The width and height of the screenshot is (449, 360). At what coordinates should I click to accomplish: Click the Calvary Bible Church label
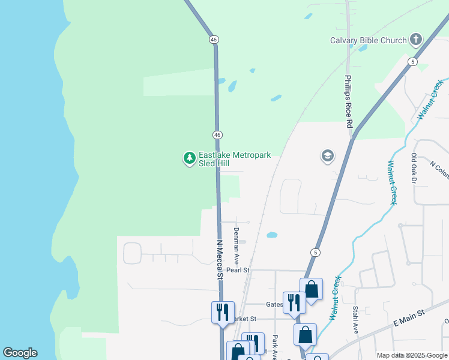point(369,41)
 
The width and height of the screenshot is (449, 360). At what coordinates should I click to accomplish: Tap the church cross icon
point(415,41)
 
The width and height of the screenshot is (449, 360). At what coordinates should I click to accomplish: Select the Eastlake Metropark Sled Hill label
point(235,159)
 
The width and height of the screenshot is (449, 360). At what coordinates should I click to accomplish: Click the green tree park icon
point(190,158)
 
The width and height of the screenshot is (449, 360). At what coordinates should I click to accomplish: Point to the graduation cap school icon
point(327,157)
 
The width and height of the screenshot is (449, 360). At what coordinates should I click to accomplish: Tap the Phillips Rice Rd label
point(348,101)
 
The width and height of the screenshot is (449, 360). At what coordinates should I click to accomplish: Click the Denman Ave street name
point(237,247)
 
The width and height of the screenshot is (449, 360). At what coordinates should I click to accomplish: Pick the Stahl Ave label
point(355,320)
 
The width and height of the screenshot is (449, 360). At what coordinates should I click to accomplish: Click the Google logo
point(20,353)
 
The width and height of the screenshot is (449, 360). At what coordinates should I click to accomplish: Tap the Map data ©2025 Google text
point(412,355)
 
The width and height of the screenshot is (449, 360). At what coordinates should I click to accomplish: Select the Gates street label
point(275,304)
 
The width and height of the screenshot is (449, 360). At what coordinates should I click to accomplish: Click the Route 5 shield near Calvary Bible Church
point(412,62)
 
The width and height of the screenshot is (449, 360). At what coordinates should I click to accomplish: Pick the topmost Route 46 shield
point(214,39)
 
